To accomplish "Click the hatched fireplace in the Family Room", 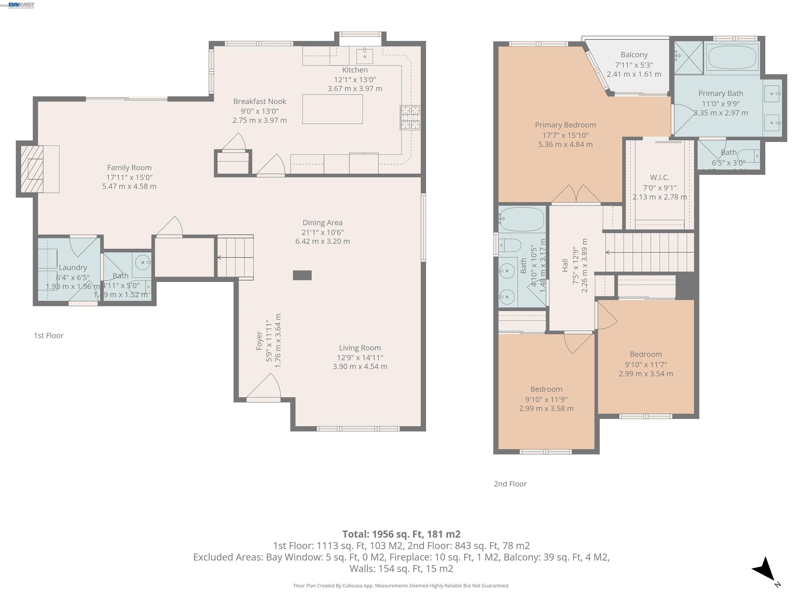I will tap(32, 169).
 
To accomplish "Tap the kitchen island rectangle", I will tap(332, 109).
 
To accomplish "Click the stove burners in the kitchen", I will tap(410, 117).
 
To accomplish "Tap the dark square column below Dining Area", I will tap(302, 275).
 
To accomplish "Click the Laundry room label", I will tap(73, 268).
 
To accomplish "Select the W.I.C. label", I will tap(659, 177).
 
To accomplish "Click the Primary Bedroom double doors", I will tap(576, 194).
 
